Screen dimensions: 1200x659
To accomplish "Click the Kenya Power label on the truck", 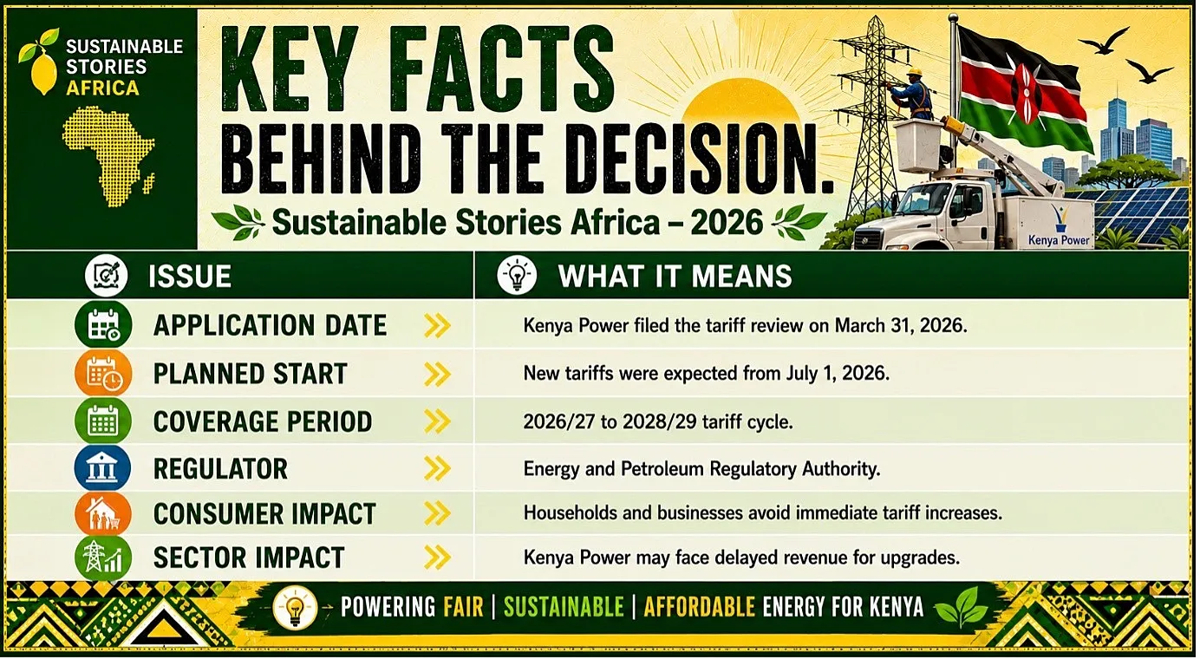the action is coord(1059,240).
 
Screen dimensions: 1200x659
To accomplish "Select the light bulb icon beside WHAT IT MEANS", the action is coord(517,275).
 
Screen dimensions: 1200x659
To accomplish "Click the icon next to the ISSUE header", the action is coord(106,276).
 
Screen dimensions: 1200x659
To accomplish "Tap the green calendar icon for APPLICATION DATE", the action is coord(103,324).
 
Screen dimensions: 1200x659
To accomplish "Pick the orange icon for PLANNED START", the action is coord(103,373).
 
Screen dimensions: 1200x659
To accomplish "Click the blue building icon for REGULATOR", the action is coord(102,467).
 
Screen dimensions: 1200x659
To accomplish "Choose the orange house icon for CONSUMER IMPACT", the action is coord(103,513).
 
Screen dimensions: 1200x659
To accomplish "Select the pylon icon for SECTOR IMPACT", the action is coord(103,558).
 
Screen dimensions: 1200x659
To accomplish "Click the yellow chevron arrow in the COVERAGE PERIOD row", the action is coord(437,421).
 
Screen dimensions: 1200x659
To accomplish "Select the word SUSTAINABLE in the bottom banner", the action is coord(564,607).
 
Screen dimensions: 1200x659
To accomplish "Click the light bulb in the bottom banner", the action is coord(295,608).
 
